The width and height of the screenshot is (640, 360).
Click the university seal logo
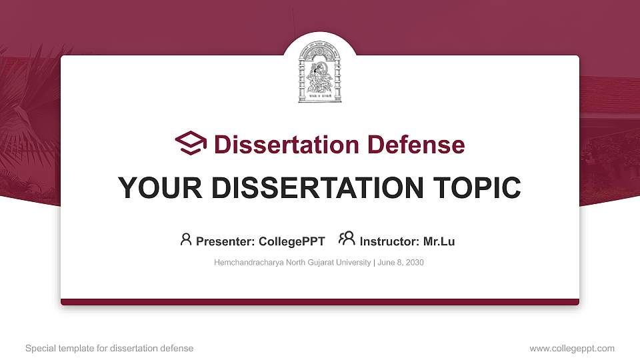320,73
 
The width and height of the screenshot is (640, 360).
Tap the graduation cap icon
191,143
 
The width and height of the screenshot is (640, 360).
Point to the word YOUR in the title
155,188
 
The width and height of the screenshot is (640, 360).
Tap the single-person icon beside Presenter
186,239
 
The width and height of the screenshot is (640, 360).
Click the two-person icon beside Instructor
347,239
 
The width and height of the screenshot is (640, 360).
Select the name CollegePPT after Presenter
292,241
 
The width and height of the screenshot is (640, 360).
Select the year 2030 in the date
415,263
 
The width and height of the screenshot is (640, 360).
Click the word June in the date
387,263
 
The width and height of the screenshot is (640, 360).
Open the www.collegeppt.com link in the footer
572,349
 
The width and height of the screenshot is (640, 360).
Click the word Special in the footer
39,349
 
